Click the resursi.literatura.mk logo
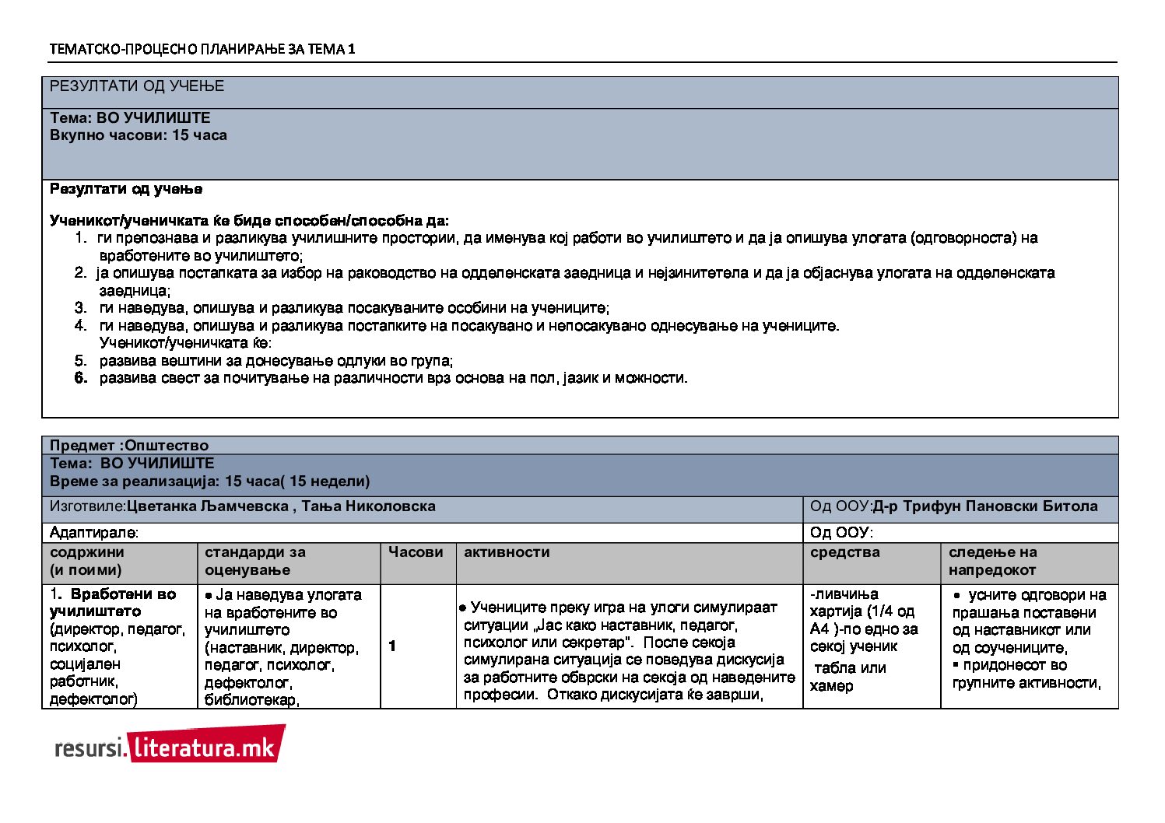[x=169, y=746]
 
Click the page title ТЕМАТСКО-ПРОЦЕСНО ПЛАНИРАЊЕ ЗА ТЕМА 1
[x=202, y=49]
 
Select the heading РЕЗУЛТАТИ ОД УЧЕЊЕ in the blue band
[x=137, y=86]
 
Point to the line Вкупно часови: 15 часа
[x=139, y=135]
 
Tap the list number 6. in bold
[x=81, y=379]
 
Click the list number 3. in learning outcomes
[x=81, y=308]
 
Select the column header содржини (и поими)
[x=86, y=561]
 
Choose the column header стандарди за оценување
[x=255, y=561]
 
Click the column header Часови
[x=416, y=552]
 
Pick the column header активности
[x=507, y=552]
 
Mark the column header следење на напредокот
[x=992, y=561]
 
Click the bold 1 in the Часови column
[x=392, y=646]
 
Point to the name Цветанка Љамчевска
[x=208, y=506]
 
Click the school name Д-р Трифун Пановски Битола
[x=984, y=506]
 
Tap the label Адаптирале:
[x=94, y=533]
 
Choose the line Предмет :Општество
[x=129, y=446]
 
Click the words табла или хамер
[x=849, y=677]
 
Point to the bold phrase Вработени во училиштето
[x=113, y=603]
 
